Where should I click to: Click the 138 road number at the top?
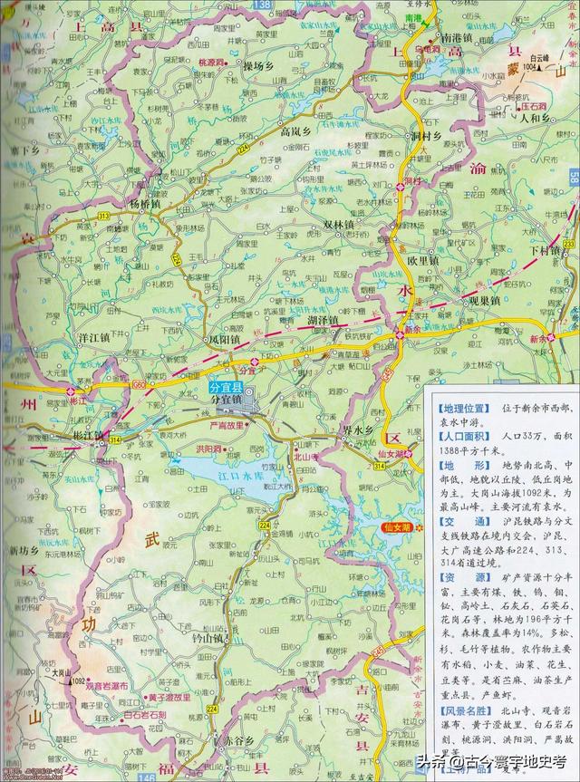click(262, 5)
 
